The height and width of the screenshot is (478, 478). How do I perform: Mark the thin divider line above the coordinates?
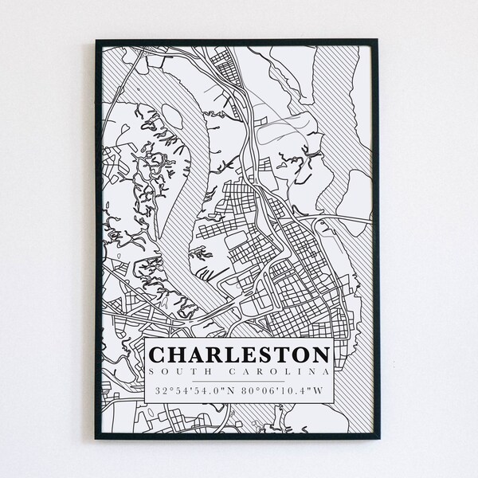point(239,381)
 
